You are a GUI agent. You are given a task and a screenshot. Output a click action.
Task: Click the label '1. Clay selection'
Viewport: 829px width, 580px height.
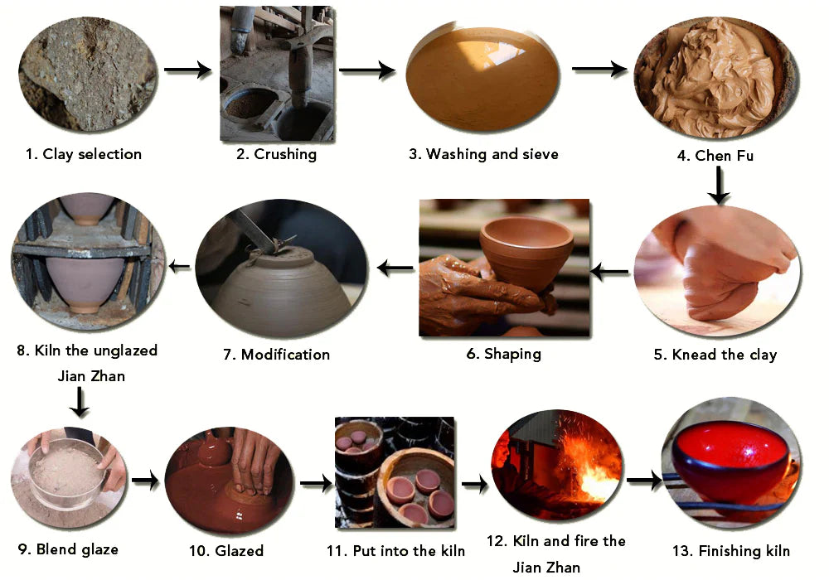click(x=84, y=154)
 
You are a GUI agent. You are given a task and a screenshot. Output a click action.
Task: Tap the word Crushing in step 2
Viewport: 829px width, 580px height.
click(x=285, y=154)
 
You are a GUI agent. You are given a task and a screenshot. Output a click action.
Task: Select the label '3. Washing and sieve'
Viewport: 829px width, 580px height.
click(x=483, y=154)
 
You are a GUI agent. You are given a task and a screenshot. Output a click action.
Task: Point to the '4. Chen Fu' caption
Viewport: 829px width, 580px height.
click(x=715, y=155)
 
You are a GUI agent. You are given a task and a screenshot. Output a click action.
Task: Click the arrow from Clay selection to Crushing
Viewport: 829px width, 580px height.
click(x=187, y=70)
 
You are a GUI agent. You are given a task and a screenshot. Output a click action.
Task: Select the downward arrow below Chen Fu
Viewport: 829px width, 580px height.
click(x=718, y=185)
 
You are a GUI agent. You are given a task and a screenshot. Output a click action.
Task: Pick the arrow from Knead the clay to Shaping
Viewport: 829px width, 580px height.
click(x=609, y=272)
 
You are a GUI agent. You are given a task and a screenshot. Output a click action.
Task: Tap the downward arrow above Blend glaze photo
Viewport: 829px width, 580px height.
click(x=80, y=402)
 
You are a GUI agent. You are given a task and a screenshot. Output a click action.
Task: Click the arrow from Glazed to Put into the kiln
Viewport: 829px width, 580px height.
click(x=316, y=483)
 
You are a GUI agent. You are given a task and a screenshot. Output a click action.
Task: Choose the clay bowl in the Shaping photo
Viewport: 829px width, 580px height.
click(x=526, y=251)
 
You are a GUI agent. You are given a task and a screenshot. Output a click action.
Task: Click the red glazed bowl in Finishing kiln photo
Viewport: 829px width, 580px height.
click(x=731, y=462)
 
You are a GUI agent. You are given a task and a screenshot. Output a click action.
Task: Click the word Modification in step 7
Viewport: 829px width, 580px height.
click(x=285, y=355)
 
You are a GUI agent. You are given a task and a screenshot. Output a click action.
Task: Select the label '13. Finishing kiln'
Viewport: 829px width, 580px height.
click(x=730, y=551)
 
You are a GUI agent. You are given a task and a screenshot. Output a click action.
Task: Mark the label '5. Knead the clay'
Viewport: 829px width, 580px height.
click(x=715, y=355)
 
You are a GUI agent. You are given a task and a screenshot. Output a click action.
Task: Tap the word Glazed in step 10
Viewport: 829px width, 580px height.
click(x=239, y=551)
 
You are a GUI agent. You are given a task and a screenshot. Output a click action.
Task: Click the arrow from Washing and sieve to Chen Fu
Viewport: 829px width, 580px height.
click(x=599, y=69)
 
